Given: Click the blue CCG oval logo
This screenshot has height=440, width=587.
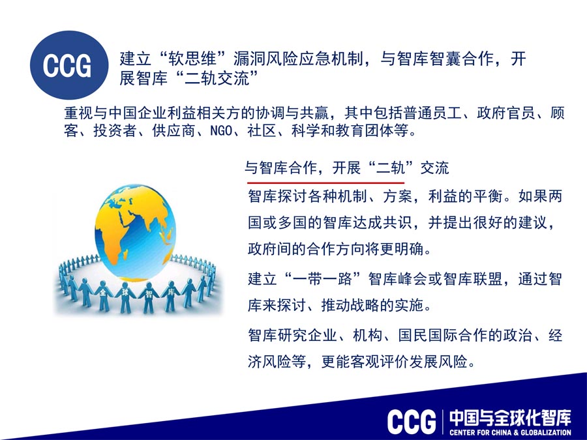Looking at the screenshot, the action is (69, 65).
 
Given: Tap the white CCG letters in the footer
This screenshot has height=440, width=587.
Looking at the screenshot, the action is (412, 422).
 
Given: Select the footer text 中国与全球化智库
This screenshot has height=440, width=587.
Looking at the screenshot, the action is (511, 418).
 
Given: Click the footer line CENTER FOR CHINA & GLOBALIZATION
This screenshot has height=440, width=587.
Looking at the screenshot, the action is (511, 433).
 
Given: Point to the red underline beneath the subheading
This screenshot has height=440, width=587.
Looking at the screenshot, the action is (325, 183).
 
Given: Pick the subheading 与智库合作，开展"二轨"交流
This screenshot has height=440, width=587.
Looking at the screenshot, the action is (347, 168).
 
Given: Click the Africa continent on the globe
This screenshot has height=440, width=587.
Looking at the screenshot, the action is (112, 239).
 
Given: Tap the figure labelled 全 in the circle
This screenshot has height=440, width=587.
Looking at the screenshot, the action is (104, 295).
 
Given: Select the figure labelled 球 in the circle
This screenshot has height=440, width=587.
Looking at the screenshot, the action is (125, 298).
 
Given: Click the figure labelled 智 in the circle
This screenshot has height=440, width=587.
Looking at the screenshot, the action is (149, 298).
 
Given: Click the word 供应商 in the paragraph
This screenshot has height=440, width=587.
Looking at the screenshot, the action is (173, 131).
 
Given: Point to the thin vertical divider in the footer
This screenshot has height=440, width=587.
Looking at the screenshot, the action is (443, 422).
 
